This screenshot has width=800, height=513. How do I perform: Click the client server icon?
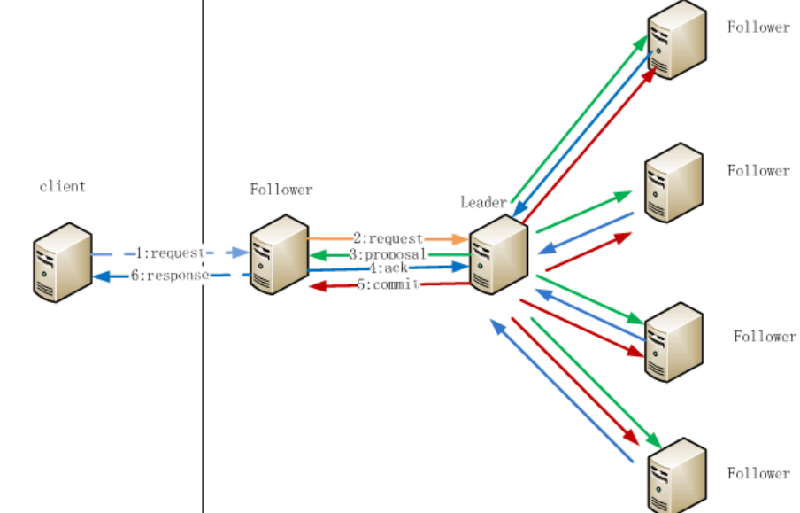pyautogui.click(x=63, y=262)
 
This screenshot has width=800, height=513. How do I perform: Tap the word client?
pyautogui.click(x=63, y=187)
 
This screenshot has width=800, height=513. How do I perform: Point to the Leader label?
pyautogui.click(x=483, y=202)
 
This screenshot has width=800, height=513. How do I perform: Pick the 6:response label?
pyautogui.click(x=169, y=276)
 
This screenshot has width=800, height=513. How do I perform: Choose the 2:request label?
pyautogui.click(x=388, y=238)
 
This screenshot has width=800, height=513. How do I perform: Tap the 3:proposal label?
pyautogui.click(x=387, y=254)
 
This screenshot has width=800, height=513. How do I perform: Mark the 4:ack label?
pyautogui.click(x=387, y=268)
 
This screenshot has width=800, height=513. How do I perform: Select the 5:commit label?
pyautogui.click(x=387, y=284)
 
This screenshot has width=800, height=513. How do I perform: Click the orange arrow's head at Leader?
pyautogui.click(x=461, y=239)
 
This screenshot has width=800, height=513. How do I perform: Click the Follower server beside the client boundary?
pyautogui.click(x=277, y=253)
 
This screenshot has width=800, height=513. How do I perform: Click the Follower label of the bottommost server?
pyautogui.click(x=758, y=474)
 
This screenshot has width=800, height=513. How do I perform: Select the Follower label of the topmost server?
pyautogui.click(x=758, y=27)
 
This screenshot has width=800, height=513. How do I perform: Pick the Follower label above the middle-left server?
pyautogui.click(x=281, y=190)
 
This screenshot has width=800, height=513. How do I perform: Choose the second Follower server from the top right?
pyautogui.click(x=673, y=183)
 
